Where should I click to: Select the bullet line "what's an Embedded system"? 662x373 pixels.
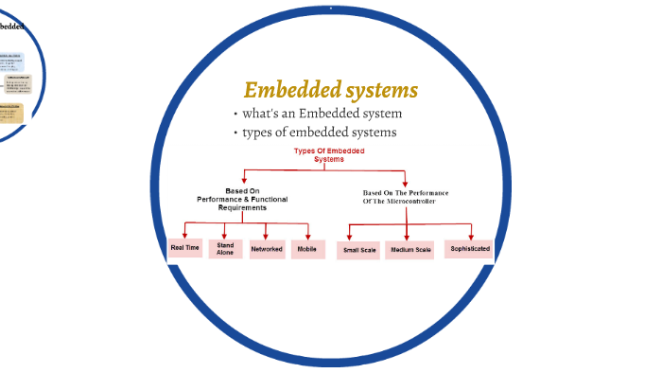(315, 115)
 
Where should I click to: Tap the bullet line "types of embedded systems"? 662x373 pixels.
(319, 133)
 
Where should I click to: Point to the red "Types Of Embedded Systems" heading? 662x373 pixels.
(329, 155)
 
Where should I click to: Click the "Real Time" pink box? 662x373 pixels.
(184, 248)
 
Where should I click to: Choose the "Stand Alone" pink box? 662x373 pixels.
(225, 249)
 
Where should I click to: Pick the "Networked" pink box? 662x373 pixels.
(267, 250)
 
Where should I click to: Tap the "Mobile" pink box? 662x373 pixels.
(307, 250)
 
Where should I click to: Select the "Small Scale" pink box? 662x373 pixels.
(359, 251)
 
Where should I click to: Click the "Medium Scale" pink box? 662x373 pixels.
(409, 251)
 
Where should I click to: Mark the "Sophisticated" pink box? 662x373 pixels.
(470, 249)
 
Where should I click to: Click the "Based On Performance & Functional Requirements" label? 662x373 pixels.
(242, 199)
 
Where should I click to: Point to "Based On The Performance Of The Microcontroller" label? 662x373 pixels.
(406, 196)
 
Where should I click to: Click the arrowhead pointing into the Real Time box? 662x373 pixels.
(185, 235)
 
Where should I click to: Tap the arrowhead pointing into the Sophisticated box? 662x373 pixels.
(471, 235)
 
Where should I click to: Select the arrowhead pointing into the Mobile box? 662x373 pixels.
(307, 236)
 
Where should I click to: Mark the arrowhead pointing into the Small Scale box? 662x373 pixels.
(350, 237)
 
